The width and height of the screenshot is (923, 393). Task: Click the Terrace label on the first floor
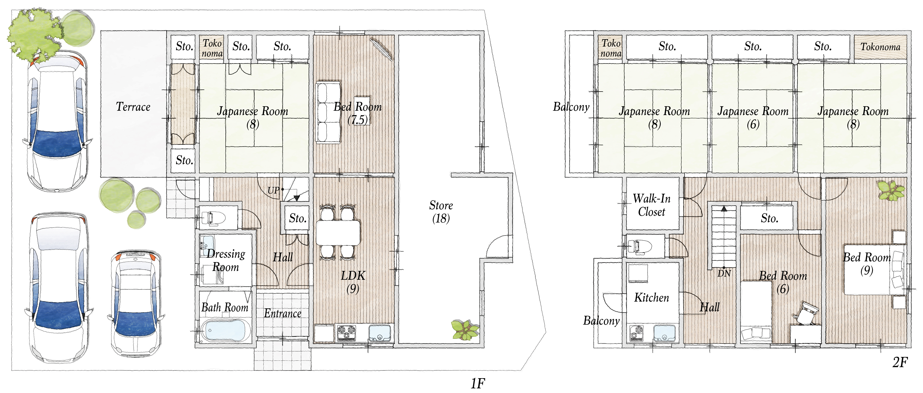pyautogui.click(x=133, y=107)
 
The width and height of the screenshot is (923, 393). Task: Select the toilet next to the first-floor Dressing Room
pyautogui.click(x=213, y=218)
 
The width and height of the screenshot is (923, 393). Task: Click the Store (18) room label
pyautogui.click(x=441, y=212)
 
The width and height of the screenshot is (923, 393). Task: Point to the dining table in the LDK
pyautogui.click(x=338, y=232)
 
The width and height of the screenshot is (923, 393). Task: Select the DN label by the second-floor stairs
pyautogui.click(x=724, y=273)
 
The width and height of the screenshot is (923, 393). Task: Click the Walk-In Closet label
pyautogui.click(x=651, y=205)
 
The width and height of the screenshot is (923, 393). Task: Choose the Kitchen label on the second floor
pyautogui.click(x=651, y=297)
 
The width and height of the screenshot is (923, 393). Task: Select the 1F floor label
pyautogui.click(x=478, y=384)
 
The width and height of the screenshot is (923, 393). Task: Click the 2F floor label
pyautogui.click(x=900, y=363)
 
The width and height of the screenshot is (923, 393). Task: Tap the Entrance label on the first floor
pyautogui.click(x=282, y=314)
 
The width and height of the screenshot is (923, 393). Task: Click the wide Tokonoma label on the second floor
pyautogui.click(x=880, y=47)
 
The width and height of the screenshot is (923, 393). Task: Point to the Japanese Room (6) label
pyautogui.click(x=753, y=118)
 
